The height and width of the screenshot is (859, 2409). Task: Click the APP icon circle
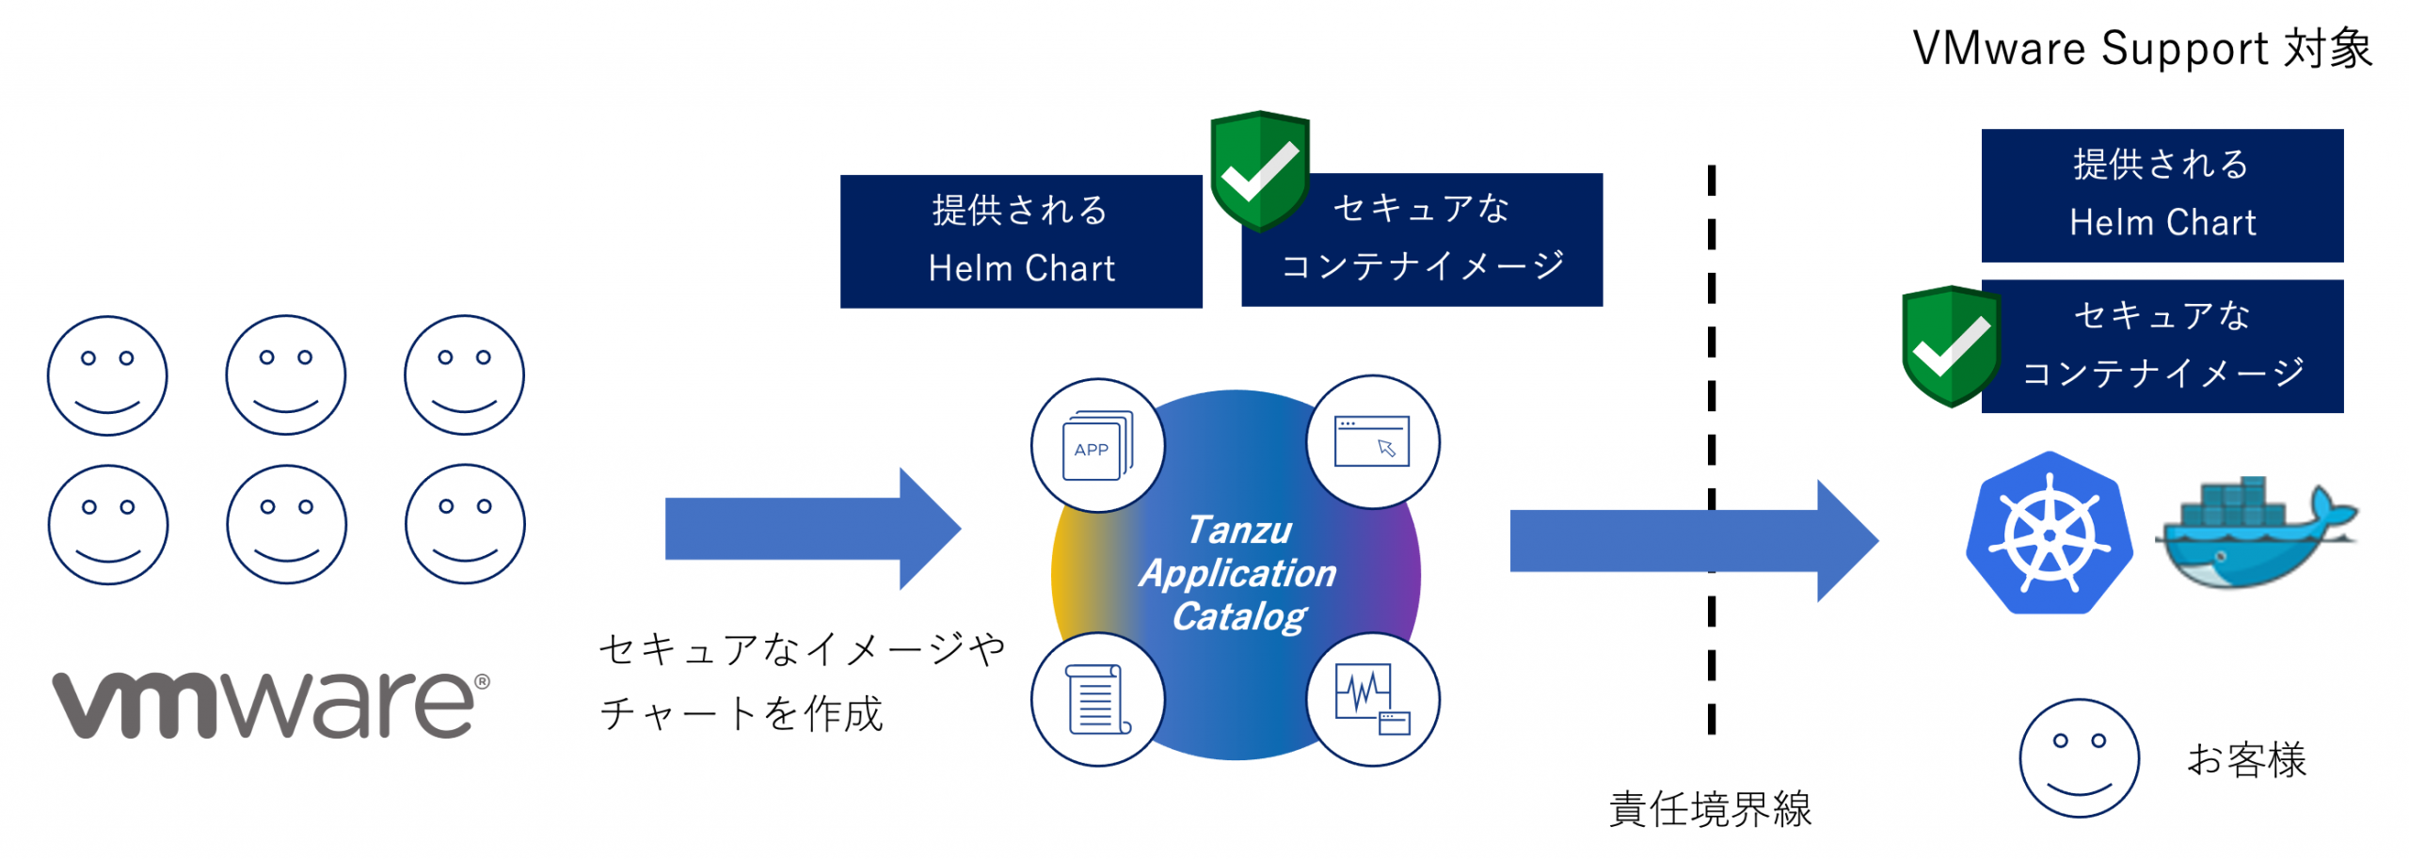click(x=1097, y=446)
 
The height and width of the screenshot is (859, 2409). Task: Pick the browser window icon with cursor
click(x=1372, y=442)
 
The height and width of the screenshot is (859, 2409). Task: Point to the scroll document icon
click(x=1097, y=700)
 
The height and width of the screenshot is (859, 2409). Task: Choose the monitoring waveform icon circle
click(x=1372, y=700)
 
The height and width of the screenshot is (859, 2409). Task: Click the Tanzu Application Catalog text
click(x=1238, y=574)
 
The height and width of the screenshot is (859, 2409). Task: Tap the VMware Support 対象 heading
click(x=2142, y=49)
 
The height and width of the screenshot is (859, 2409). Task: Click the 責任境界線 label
click(x=1710, y=809)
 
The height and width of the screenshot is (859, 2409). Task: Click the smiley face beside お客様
click(x=2079, y=758)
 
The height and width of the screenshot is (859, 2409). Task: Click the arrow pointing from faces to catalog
click(x=811, y=529)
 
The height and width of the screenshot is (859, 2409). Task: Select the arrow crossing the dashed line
click(x=1692, y=541)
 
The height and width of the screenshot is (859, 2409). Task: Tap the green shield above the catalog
click(x=1259, y=169)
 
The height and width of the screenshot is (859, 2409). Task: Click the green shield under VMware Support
click(x=1951, y=345)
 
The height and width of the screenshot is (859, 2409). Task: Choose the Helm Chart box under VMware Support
click(x=2162, y=195)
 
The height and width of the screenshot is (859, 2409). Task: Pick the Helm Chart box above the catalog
click(x=1021, y=241)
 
